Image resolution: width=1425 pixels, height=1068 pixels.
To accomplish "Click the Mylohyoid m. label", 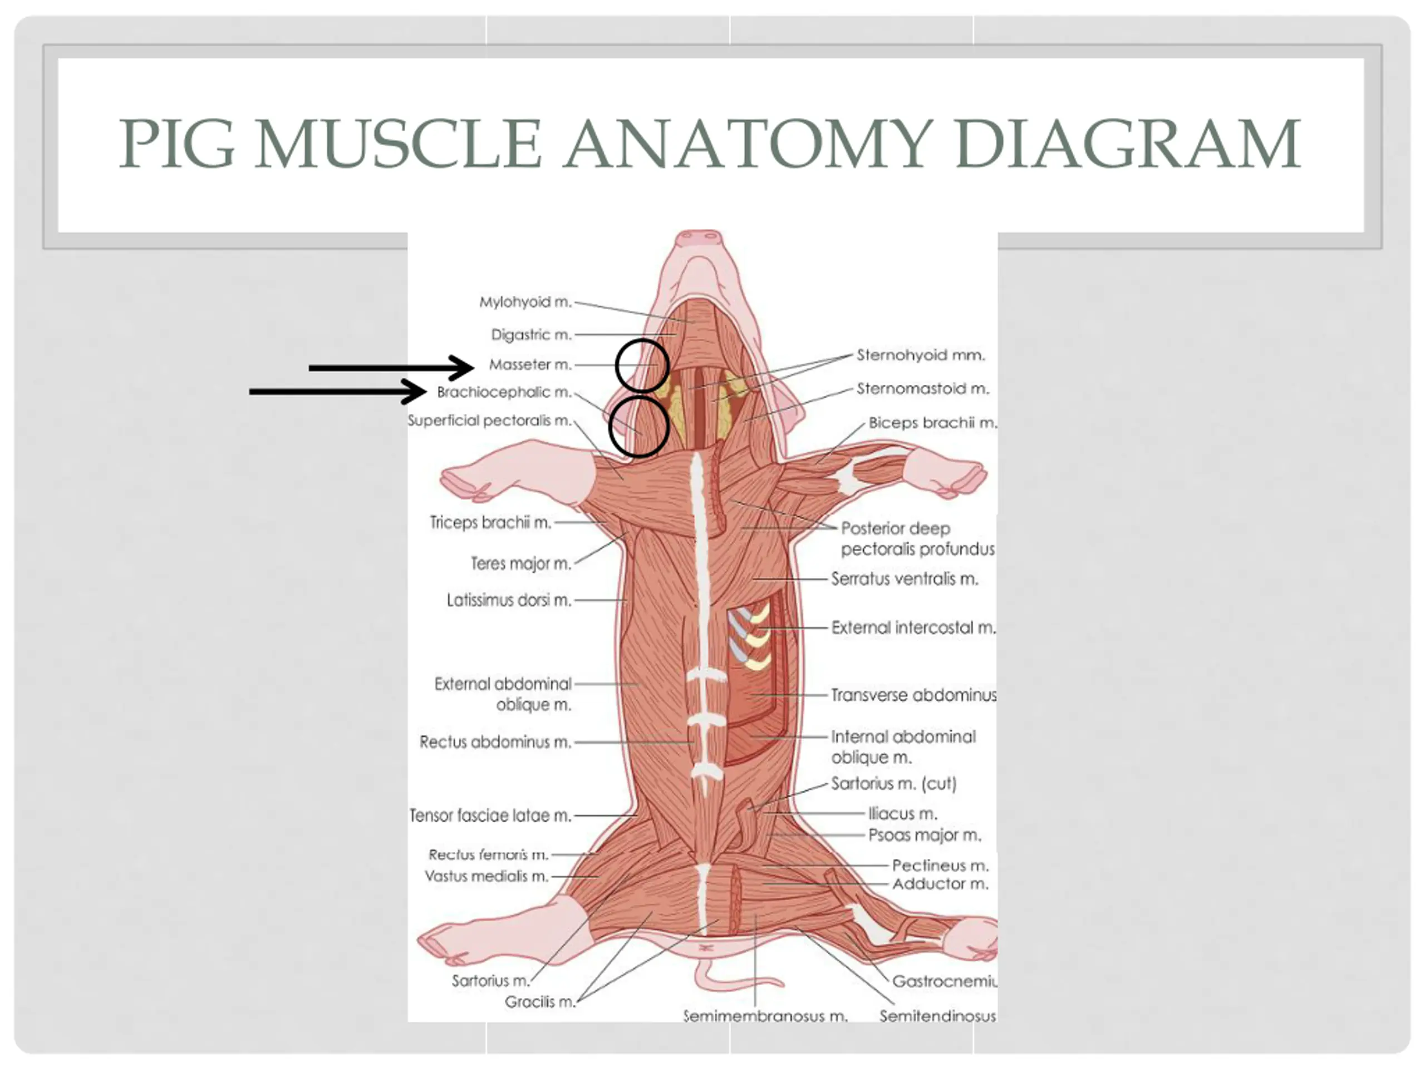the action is [x=525, y=302].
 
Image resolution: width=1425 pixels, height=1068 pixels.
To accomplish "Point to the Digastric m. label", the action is [x=531, y=335].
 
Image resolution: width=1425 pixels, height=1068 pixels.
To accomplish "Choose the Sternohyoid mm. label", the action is [x=921, y=355].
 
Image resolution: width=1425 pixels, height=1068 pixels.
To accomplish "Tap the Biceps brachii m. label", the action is [x=931, y=423].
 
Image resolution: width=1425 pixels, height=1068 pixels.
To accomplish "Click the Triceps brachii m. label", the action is [x=490, y=522].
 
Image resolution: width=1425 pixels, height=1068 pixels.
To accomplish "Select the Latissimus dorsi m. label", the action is [x=509, y=600].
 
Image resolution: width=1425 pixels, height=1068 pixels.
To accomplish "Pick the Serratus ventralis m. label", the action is [x=905, y=578].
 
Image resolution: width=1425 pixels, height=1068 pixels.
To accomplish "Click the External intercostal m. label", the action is [x=913, y=627].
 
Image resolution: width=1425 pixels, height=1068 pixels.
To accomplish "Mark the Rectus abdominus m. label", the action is [x=495, y=742].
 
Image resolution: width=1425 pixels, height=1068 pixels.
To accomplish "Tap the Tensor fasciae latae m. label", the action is [x=490, y=815].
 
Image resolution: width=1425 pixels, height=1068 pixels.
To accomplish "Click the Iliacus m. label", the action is [x=902, y=814].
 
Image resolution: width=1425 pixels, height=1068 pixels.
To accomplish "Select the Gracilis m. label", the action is [x=539, y=1002].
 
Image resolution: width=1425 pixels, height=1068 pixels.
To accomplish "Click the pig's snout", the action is [x=701, y=238].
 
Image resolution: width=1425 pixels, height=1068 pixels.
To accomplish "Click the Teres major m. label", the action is [x=520, y=563].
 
